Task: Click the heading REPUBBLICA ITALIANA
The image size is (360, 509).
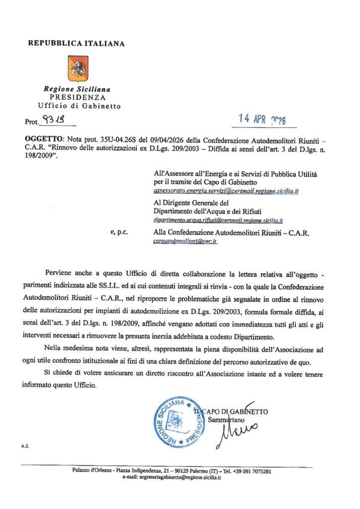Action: (76, 44)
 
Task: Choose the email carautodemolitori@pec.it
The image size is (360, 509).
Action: (186, 241)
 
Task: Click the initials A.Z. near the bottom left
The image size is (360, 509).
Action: (25, 446)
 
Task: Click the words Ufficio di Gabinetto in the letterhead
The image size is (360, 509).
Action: (79, 105)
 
